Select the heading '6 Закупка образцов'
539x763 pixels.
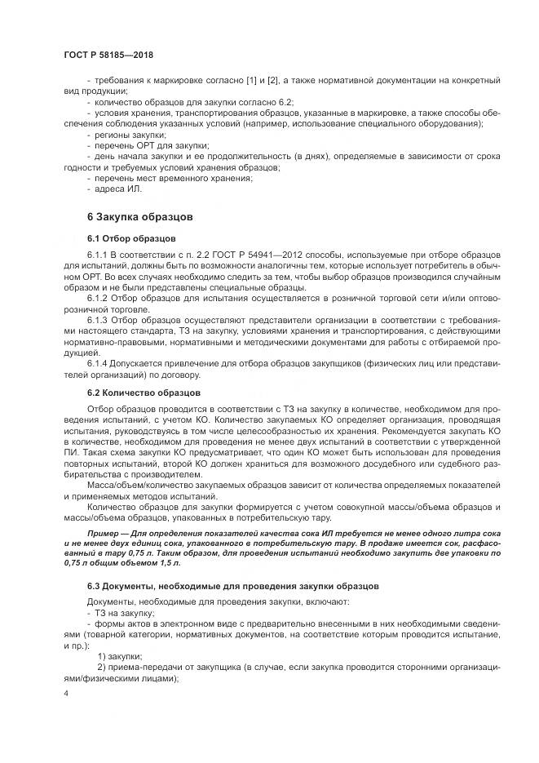coord(139,218)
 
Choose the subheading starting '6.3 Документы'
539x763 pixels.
coord(221,587)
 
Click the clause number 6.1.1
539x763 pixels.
coord(98,255)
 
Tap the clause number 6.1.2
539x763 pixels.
coord(98,298)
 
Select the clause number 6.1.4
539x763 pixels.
coord(98,362)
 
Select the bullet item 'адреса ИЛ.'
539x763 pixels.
coord(118,189)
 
